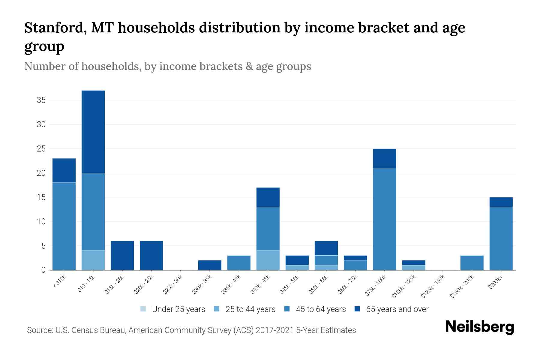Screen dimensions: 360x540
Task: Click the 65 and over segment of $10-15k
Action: (x=93, y=131)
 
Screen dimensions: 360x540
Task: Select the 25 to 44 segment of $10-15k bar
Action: (x=93, y=260)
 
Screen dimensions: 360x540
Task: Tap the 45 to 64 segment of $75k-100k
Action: (x=384, y=219)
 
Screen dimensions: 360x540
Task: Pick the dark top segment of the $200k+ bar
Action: (x=501, y=202)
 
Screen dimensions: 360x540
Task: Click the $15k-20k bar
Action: (x=122, y=255)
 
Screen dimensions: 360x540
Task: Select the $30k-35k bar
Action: (x=210, y=265)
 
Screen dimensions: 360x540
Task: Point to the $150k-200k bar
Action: (x=472, y=263)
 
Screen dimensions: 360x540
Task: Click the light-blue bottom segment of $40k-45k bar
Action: (x=268, y=260)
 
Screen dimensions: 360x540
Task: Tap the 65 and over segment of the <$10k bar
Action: (x=64, y=170)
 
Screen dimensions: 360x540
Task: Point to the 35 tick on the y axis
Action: (x=41, y=100)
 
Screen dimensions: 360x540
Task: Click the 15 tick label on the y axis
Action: (x=41, y=197)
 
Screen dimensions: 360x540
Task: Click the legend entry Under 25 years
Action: (x=178, y=309)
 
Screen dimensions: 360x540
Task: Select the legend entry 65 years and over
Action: (x=397, y=309)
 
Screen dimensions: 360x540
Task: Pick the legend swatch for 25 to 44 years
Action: (x=217, y=309)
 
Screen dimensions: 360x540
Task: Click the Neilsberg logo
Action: (x=479, y=327)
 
